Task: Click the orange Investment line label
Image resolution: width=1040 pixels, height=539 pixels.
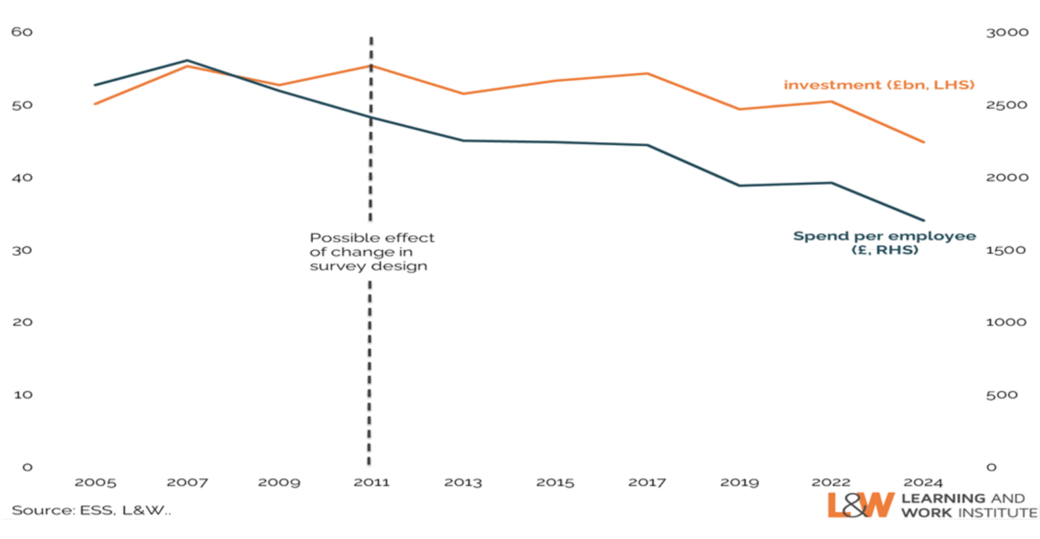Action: pos(878,85)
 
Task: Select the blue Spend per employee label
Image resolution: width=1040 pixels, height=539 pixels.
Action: pos(884,242)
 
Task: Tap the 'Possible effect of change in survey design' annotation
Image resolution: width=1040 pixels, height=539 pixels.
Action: pos(372,252)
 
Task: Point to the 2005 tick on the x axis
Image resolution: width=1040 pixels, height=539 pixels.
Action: pos(95,483)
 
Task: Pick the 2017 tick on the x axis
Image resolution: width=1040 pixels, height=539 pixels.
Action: pos(647,483)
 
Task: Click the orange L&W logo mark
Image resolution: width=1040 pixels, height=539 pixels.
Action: pos(860,505)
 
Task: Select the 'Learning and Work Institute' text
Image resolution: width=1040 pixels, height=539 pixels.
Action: pos(968,506)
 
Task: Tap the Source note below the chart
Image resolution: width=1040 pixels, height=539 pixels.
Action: pos(91,510)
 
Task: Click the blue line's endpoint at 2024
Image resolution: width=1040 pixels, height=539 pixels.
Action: pos(924,221)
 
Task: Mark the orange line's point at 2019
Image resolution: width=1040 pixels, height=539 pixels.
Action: pos(740,108)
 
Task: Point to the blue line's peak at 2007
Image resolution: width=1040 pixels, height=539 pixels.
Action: pos(188,60)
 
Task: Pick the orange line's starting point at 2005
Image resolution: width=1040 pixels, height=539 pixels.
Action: pos(95,104)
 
